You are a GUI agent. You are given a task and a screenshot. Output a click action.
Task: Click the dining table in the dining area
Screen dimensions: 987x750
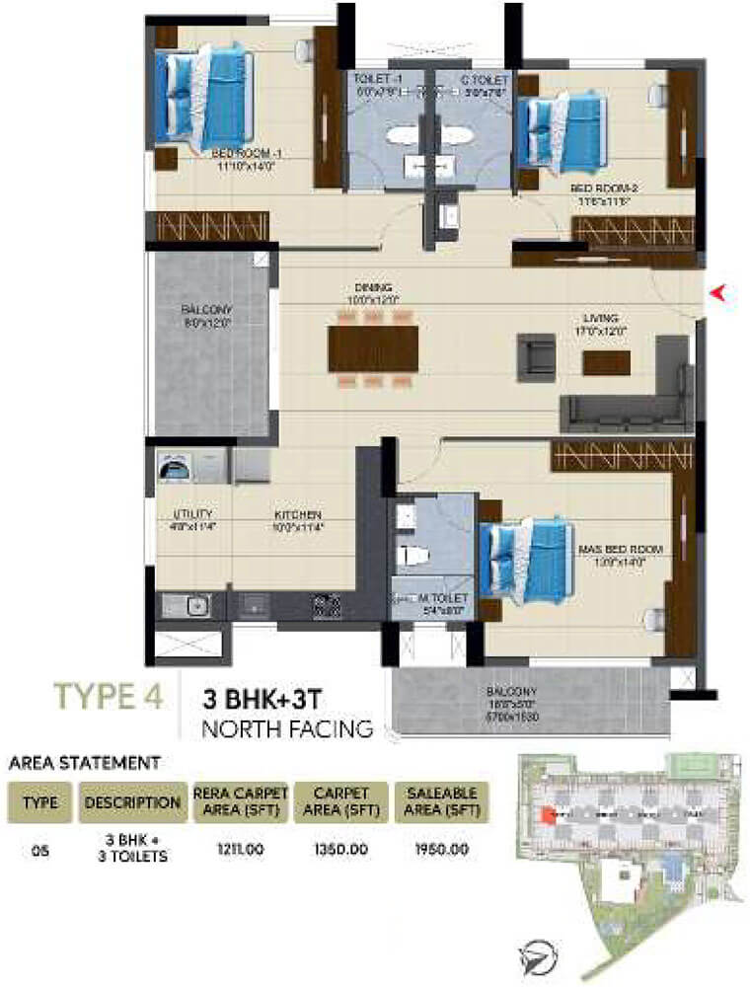pyautogui.click(x=373, y=347)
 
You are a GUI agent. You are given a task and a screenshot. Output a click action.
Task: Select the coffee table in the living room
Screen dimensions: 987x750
pyautogui.click(x=606, y=363)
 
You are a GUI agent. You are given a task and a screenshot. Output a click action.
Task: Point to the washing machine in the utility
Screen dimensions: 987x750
pyautogui.click(x=177, y=467)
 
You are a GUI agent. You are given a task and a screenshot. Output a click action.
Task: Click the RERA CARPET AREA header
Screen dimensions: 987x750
pyautogui.click(x=240, y=801)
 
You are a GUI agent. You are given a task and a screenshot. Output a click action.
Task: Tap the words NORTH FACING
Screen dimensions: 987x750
pyautogui.click(x=287, y=730)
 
